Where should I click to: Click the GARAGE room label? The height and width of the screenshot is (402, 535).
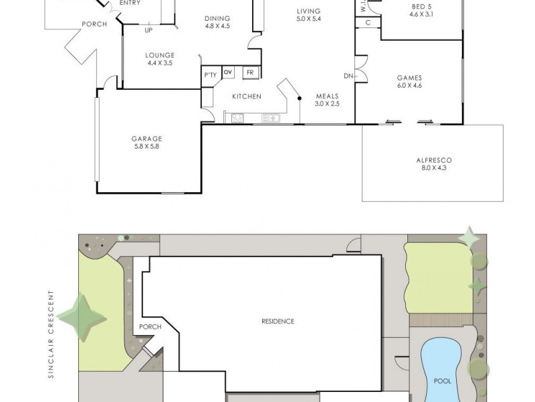pyautogui.click(x=146, y=139)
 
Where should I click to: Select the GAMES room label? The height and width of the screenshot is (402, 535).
pyautogui.click(x=409, y=77)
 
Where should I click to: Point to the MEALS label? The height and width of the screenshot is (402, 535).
pyautogui.click(x=328, y=96)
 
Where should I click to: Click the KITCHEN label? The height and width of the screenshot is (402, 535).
pyautogui.click(x=246, y=96)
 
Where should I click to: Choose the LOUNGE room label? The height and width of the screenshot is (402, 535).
pyautogui.click(x=160, y=55)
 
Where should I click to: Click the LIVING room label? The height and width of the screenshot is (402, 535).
pyautogui.click(x=308, y=11)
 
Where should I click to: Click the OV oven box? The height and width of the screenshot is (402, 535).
pyautogui.click(x=227, y=72)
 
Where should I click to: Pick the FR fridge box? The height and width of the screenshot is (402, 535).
pyautogui.click(x=249, y=72)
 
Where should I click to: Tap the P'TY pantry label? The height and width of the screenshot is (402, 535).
pyautogui.click(x=210, y=75)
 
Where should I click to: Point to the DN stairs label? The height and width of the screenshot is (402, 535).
pyautogui.click(x=348, y=76)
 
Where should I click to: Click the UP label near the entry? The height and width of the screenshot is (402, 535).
pyautogui.click(x=147, y=29)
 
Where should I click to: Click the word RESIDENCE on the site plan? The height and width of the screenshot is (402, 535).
pyautogui.click(x=278, y=322)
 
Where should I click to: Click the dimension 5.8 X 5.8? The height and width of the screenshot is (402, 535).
pyautogui.click(x=146, y=147)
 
